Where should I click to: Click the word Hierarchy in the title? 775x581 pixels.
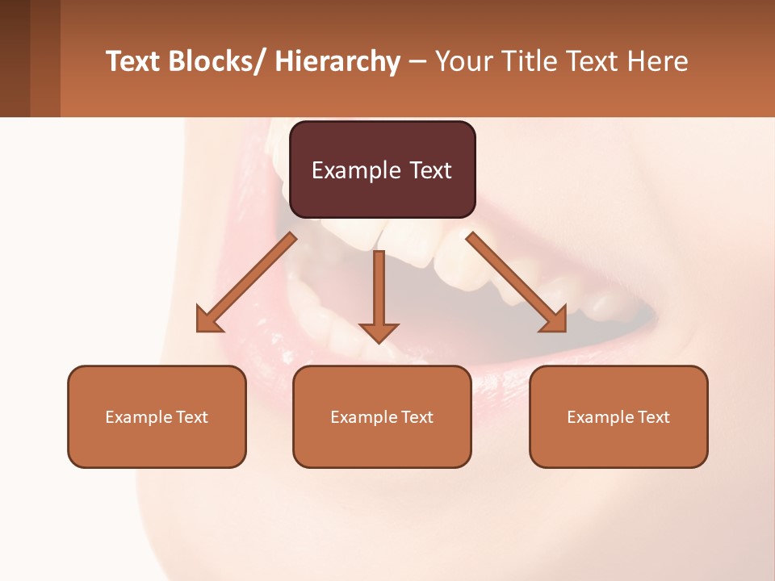tap(337, 62)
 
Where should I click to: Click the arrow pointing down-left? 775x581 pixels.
tap(246, 282)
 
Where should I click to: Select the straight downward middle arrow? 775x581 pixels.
tap(379, 290)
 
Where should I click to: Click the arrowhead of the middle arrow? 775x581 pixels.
tap(379, 332)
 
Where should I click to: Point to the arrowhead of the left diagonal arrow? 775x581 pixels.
tap(207, 321)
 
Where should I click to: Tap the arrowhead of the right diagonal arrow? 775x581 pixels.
tap(555, 321)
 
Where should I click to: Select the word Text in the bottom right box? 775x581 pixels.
tap(654, 417)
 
